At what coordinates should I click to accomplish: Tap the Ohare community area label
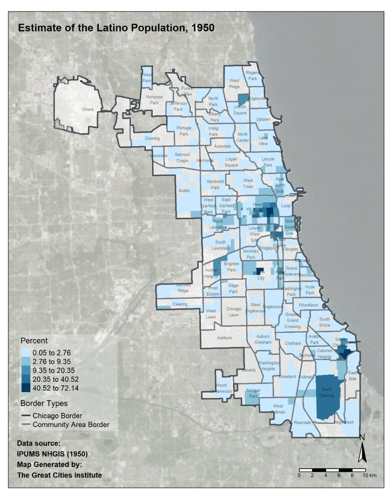(x=88, y=109)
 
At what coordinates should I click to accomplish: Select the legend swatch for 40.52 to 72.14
(x=26, y=388)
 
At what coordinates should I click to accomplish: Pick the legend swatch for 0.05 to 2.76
(x=26, y=352)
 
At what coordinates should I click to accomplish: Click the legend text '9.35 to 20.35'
(x=54, y=370)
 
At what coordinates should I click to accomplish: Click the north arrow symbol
(x=362, y=452)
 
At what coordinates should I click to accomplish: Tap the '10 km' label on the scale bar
(x=370, y=475)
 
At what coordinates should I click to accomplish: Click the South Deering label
(x=327, y=392)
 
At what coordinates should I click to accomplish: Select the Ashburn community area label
(x=224, y=338)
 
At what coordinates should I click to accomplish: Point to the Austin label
(x=184, y=191)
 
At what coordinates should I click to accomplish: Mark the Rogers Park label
(x=253, y=75)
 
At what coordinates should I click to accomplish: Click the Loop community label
(x=286, y=206)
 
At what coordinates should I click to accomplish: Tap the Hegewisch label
(x=344, y=422)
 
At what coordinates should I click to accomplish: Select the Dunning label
(x=152, y=139)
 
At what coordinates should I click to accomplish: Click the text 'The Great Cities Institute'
(x=59, y=475)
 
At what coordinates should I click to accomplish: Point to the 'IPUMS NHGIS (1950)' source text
(x=52, y=454)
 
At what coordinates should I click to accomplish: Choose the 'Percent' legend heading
(x=34, y=341)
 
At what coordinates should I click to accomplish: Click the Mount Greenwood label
(x=221, y=388)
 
